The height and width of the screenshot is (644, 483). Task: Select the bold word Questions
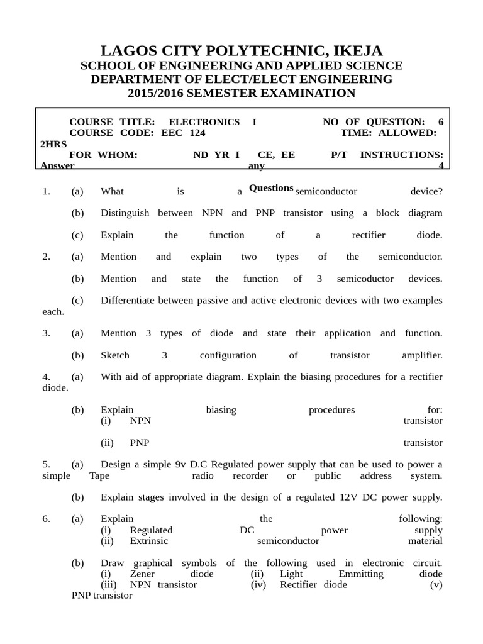point(271,188)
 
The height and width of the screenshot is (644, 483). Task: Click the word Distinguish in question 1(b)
point(125,213)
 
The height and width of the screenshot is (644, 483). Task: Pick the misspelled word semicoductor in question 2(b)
point(365,279)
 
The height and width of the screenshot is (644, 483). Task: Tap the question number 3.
point(46,333)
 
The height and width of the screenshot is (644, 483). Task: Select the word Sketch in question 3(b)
point(114,355)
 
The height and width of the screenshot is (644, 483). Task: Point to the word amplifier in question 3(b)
point(422,355)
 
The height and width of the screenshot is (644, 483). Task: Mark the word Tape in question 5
point(99,475)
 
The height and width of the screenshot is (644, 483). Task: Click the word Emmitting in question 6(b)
point(360,574)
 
